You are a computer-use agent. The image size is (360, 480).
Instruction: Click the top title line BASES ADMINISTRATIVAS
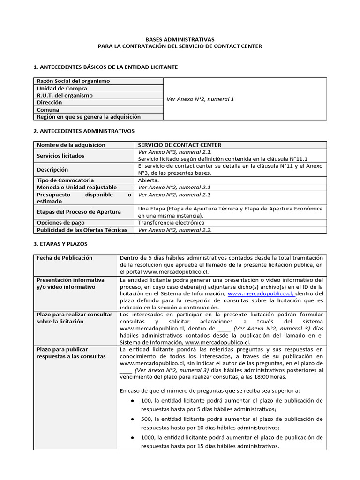(180, 40)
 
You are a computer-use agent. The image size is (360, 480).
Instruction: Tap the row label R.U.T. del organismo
(65, 95)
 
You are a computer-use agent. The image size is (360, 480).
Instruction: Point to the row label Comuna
(49, 110)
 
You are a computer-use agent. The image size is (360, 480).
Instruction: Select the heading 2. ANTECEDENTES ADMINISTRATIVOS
(84, 131)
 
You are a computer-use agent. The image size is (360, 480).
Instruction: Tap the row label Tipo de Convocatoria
(65, 180)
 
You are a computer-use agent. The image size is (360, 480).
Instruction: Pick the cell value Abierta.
(149, 180)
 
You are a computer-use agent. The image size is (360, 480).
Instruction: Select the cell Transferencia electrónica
(171, 223)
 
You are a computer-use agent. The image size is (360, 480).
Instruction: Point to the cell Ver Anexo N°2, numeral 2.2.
(178, 230)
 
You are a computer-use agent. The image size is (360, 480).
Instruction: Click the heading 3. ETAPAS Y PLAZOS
(60, 244)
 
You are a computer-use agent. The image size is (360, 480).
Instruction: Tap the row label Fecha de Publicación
(65, 258)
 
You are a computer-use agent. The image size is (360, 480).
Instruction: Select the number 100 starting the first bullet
(146, 400)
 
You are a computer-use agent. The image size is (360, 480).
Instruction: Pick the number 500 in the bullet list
(146, 419)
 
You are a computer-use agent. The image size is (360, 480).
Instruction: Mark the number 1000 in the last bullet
(148, 437)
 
